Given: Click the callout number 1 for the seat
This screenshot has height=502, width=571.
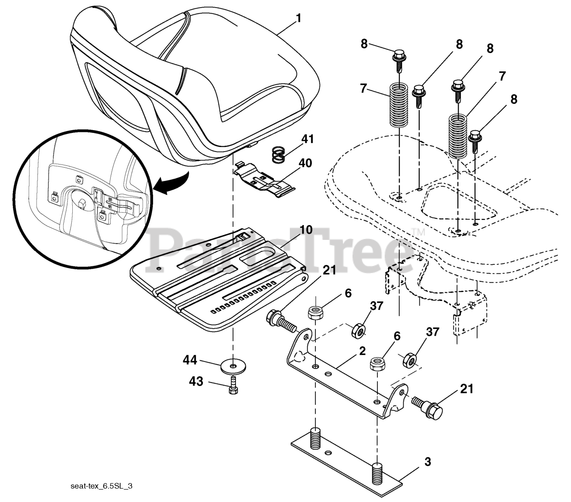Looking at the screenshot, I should click(298, 19).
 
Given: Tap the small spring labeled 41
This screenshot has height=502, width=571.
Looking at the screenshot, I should click(279, 155).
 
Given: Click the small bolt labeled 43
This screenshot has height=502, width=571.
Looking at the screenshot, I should click(232, 385).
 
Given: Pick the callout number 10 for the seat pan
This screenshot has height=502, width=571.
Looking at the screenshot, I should click(306, 230).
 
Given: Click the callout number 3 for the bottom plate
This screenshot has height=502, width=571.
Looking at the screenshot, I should click(427, 462).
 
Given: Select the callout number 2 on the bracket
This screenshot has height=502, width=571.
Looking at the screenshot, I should click(362, 350).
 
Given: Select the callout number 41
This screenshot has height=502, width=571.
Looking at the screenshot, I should click(308, 139).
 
